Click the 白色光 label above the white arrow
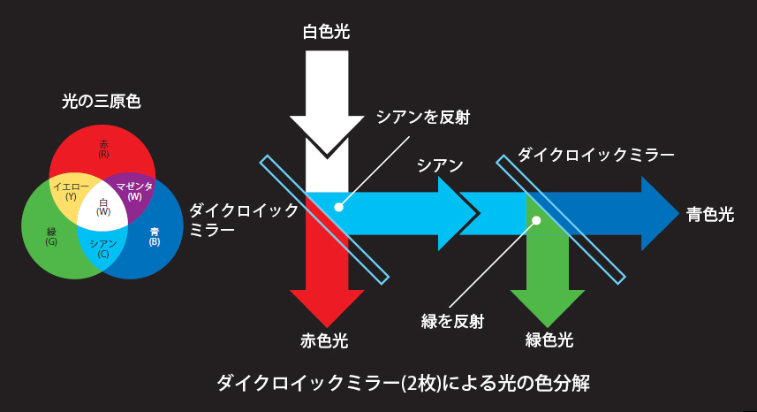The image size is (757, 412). click(x=326, y=32)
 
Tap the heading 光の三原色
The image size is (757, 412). click(x=102, y=102)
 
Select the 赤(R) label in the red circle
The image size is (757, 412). click(x=103, y=149)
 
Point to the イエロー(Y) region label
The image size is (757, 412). click(x=71, y=191)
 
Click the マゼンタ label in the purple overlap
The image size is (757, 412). click(x=134, y=187)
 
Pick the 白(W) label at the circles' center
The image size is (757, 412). click(x=103, y=207)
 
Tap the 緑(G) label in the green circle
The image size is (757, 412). click(x=51, y=237)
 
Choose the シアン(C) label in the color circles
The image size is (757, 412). click(x=102, y=248)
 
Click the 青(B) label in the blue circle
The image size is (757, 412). click(x=155, y=237)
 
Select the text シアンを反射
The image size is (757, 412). click(x=423, y=117)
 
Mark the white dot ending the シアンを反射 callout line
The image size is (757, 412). click(x=339, y=207)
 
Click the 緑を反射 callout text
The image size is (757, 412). click(x=452, y=321)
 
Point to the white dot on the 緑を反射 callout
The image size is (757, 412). click(x=536, y=220)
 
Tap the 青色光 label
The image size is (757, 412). click(x=710, y=214)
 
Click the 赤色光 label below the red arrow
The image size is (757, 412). click(x=324, y=340)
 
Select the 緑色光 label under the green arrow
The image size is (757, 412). click(x=549, y=340)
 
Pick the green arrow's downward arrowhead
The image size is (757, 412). click(x=548, y=309)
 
